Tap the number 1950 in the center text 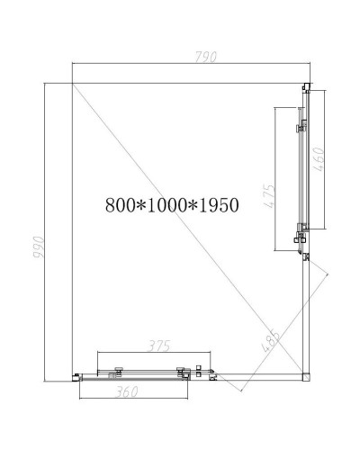point(217,204)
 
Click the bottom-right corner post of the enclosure point(305,372)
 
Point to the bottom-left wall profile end point(76,374)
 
